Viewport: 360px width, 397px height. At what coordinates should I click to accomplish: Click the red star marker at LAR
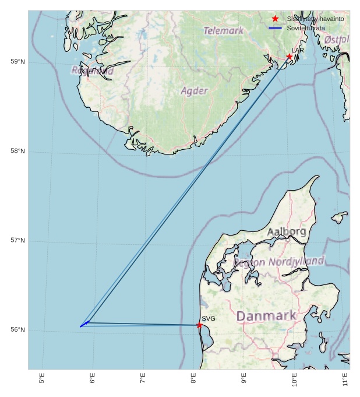tap(289, 57)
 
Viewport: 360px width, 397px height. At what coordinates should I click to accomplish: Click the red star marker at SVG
tap(199, 325)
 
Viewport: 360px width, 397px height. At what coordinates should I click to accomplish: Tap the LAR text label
tap(298, 50)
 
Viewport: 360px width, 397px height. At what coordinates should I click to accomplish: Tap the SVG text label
tap(209, 318)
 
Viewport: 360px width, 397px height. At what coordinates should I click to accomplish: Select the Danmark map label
tap(266, 316)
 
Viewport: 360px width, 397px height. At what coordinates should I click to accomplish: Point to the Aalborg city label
tap(287, 231)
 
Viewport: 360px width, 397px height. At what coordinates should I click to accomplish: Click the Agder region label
tap(194, 91)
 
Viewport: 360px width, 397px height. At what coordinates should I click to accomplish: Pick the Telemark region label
tap(224, 30)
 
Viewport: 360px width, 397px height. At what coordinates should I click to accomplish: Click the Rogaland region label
tap(93, 71)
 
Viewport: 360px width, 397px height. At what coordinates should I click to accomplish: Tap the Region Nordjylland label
tap(279, 262)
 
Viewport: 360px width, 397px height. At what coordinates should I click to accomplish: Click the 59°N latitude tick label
tap(18, 62)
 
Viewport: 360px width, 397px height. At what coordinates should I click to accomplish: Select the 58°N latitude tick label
tap(18, 152)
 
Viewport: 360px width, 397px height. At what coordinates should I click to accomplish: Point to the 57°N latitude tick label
tap(18, 241)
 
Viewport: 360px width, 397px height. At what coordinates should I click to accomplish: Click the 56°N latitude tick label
tap(18, 330)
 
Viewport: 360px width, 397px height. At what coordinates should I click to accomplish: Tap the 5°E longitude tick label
tap(41, 379)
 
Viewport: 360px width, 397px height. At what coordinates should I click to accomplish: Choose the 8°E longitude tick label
tap(193, 379)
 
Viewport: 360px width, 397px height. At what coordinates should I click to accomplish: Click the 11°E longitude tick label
tap(345, 379)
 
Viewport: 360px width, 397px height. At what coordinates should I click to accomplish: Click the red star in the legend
tap(275, 19)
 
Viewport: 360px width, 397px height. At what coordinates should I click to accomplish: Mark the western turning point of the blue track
tap(81, 326)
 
